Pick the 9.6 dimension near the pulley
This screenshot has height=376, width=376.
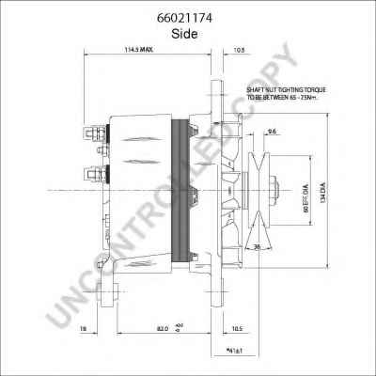[272, 132]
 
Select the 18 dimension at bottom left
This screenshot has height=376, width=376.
[84, 329]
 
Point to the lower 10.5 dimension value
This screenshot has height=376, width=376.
[236, 329]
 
